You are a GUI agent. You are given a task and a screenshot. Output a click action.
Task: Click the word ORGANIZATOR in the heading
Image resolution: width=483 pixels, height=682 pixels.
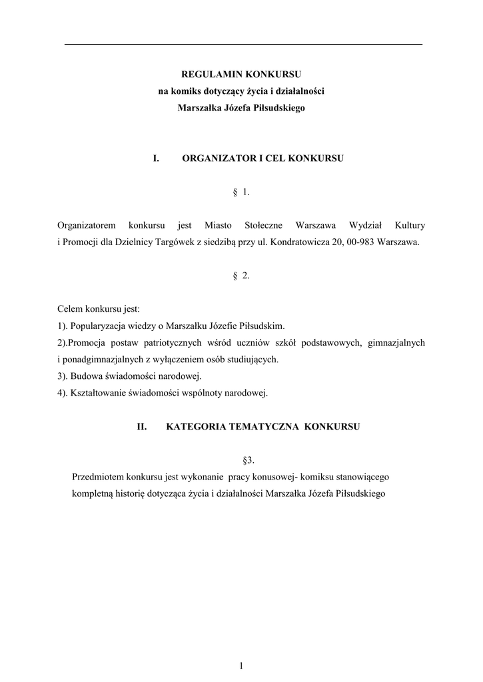[x=218, y=159]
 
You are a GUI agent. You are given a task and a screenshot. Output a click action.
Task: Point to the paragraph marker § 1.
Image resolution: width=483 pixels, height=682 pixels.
[x=241, y=192]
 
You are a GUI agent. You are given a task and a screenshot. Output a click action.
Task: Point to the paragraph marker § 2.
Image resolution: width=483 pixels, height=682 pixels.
[x=241, y=276]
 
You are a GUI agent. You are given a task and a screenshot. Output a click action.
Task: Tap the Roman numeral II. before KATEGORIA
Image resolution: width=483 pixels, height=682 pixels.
[x=141, y=427]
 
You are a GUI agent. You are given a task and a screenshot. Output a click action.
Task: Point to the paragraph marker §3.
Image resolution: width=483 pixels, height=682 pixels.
[x=249, y=460]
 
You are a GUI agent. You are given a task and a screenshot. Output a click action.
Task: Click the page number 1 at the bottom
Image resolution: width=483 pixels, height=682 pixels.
[x=242, y=665]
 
